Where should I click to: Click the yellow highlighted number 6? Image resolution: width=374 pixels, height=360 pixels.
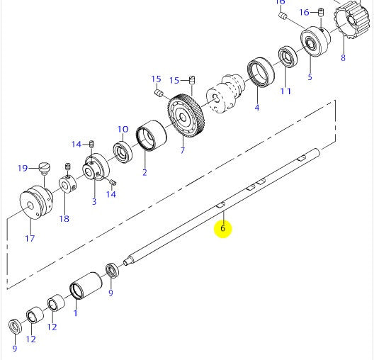(222, 228)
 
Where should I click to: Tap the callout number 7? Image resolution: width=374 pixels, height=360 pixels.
(181, 150)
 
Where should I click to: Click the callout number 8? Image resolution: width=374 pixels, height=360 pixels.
(343, 58)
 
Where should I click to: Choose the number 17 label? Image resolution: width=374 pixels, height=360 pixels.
(30, 238)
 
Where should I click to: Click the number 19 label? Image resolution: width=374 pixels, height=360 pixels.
(23, 168)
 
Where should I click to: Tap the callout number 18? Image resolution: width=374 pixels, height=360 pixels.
(64, 218)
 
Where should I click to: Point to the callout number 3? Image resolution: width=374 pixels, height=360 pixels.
(93, 202)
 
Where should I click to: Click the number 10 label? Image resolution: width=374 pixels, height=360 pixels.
(123, 130)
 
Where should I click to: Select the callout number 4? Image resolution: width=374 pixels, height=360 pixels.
(256, 108)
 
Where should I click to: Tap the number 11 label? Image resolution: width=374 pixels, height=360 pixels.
(285, 91)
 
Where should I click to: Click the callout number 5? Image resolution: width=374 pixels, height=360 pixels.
(309, 77)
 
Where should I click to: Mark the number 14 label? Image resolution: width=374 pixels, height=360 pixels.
(76, 145)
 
